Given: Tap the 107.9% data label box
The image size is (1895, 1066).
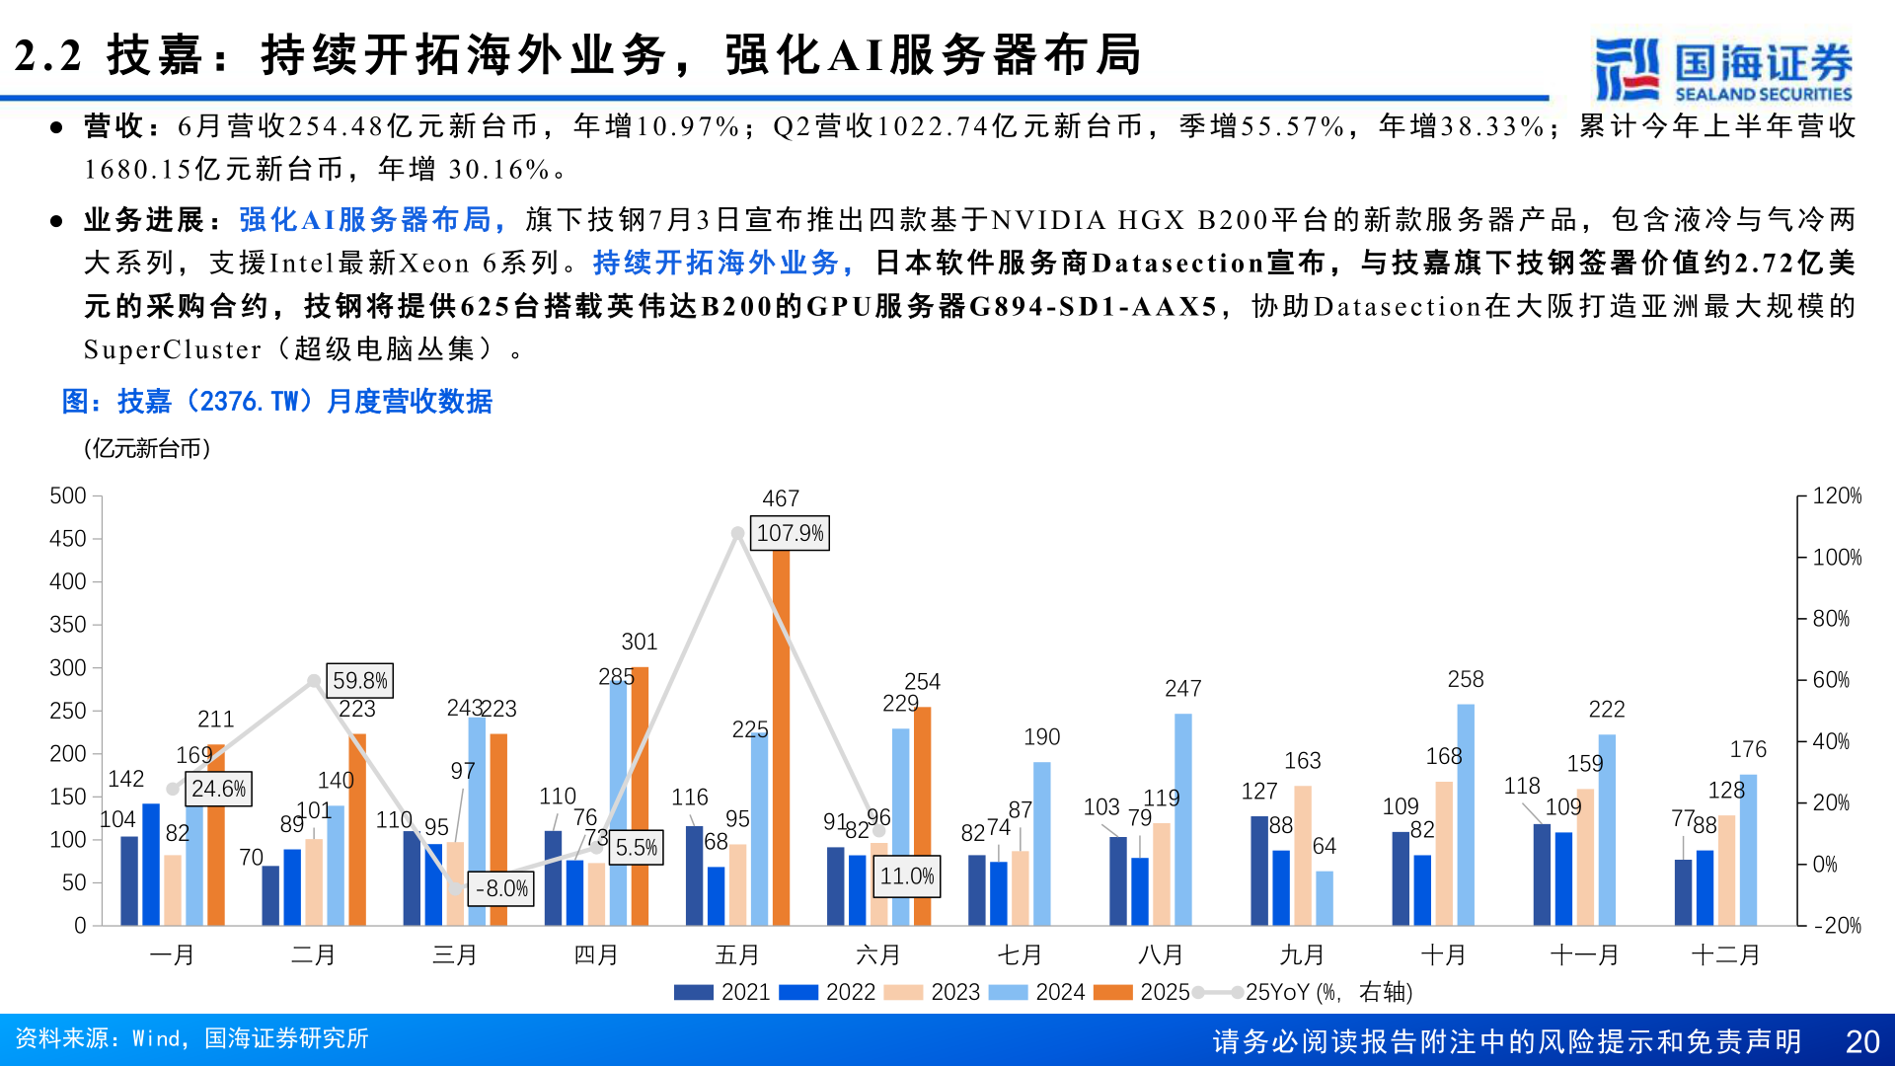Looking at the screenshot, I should (790, 534).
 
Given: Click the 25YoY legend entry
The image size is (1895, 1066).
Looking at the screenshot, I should (1303, 992).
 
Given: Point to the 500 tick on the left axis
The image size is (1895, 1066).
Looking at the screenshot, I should (68, 495).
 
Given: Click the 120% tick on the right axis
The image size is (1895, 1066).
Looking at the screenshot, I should (1837, 495).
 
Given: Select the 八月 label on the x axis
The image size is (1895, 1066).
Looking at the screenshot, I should (1161, 955).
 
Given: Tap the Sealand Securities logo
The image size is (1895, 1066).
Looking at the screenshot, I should (1723, 69).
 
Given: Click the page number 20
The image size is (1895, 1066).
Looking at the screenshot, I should (1861, 1041).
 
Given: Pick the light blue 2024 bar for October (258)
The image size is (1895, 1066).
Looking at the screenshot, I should (1466, 814).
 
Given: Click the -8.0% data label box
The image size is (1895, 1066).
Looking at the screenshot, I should (501, 888).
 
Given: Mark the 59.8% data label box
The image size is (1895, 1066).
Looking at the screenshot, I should (360, 681).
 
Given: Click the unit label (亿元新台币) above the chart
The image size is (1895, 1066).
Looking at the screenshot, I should (147, 449).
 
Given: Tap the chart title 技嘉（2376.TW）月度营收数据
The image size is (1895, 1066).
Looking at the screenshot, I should (277, 402).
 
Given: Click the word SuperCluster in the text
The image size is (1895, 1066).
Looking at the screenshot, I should (173, 349).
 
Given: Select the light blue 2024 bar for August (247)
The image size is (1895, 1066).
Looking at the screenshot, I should (1182, 819).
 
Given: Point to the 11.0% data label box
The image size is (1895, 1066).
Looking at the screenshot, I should (907, 876).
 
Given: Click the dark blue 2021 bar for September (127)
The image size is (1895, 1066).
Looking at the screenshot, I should (1259, 871).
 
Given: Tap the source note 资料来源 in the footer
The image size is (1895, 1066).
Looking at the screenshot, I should (191, 1038).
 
